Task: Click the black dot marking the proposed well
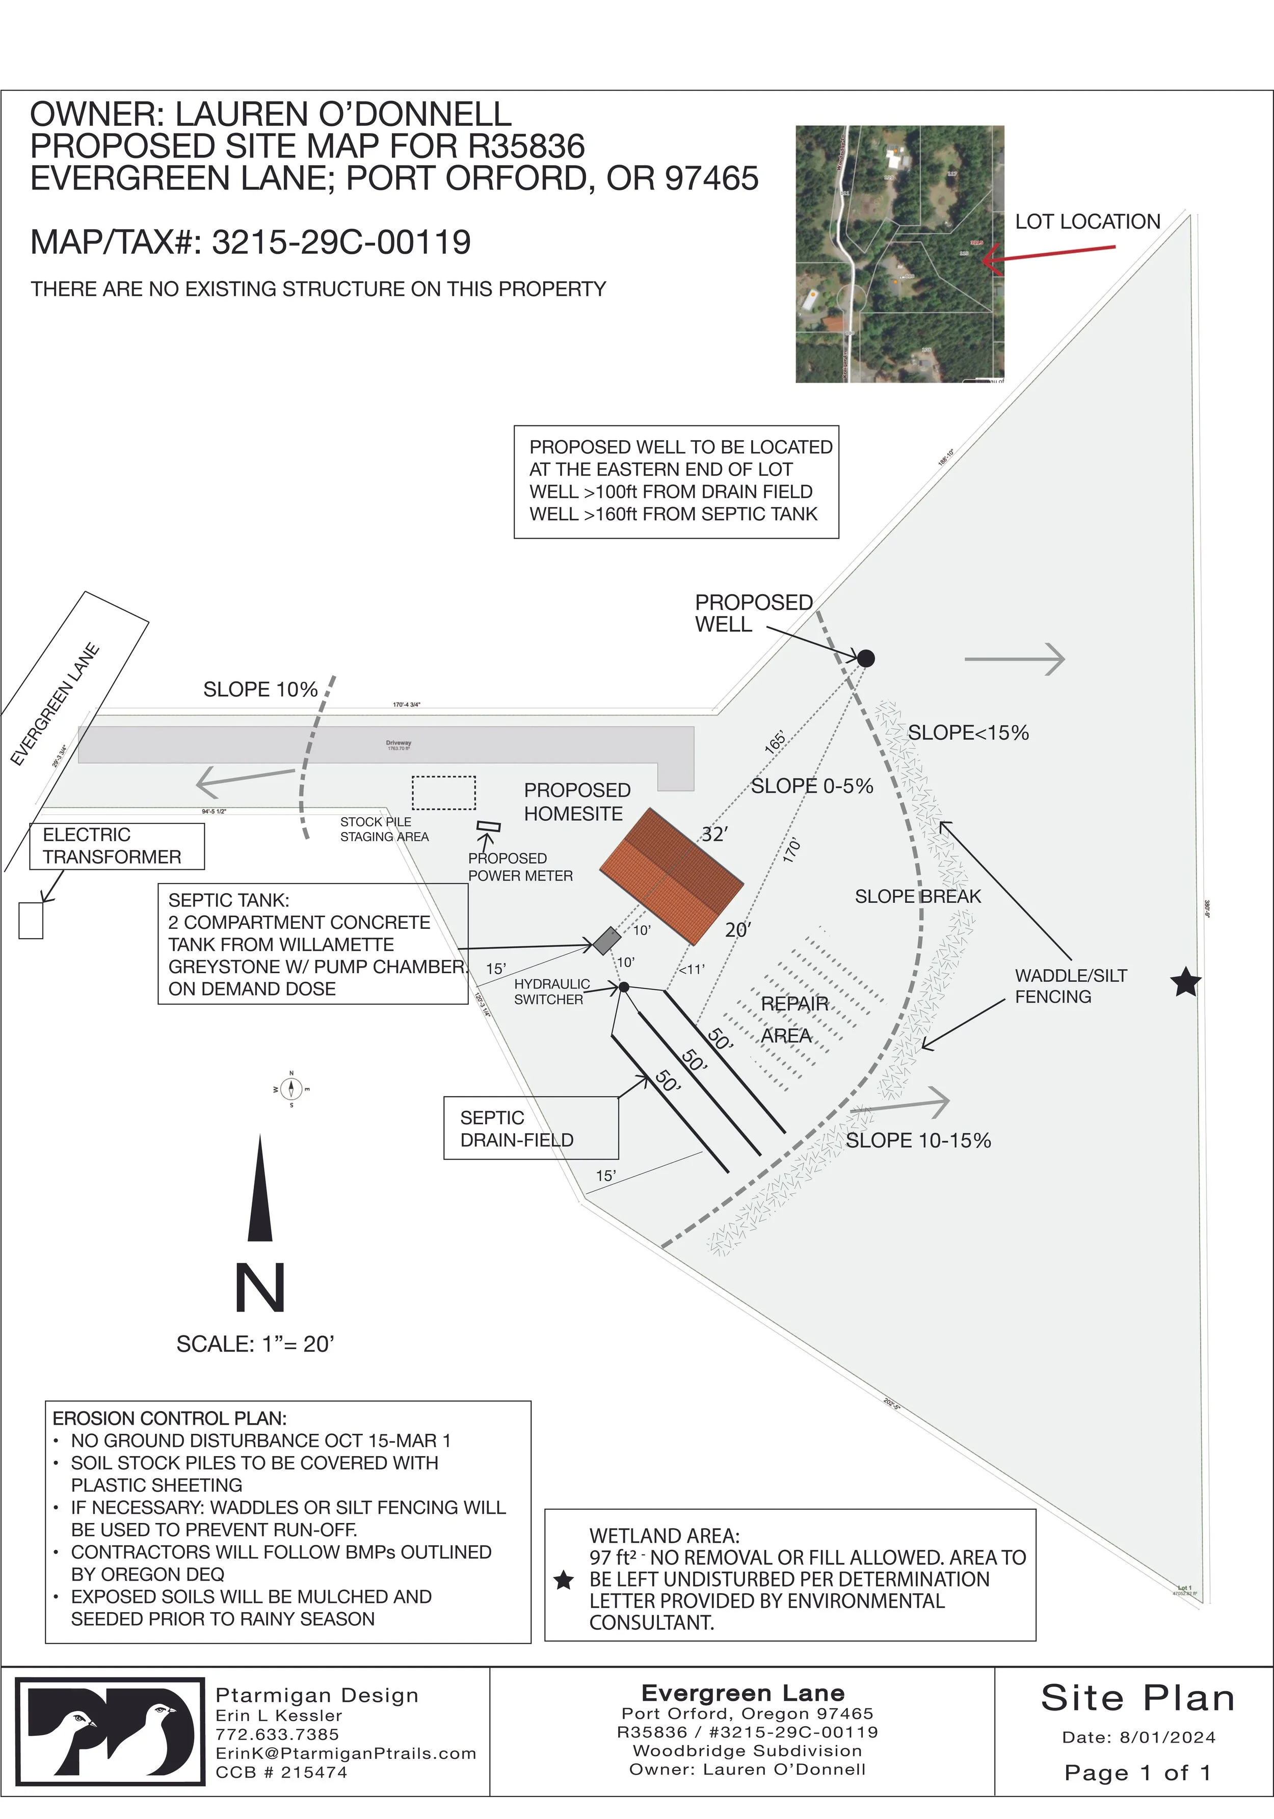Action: coord(866,658)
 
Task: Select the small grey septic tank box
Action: coord(607,941)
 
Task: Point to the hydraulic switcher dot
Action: coord(624,987)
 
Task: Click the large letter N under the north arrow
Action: coord(260,1288)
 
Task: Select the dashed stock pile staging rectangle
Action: coord(444,792)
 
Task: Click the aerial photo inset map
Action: coord(899,254)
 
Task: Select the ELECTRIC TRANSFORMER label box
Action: coord(117,846)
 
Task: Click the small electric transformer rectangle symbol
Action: coord(31,920)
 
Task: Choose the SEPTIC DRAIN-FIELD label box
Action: coord(530,1128)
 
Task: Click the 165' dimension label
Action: coord(776,741)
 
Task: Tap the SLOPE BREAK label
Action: coord(917,896)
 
